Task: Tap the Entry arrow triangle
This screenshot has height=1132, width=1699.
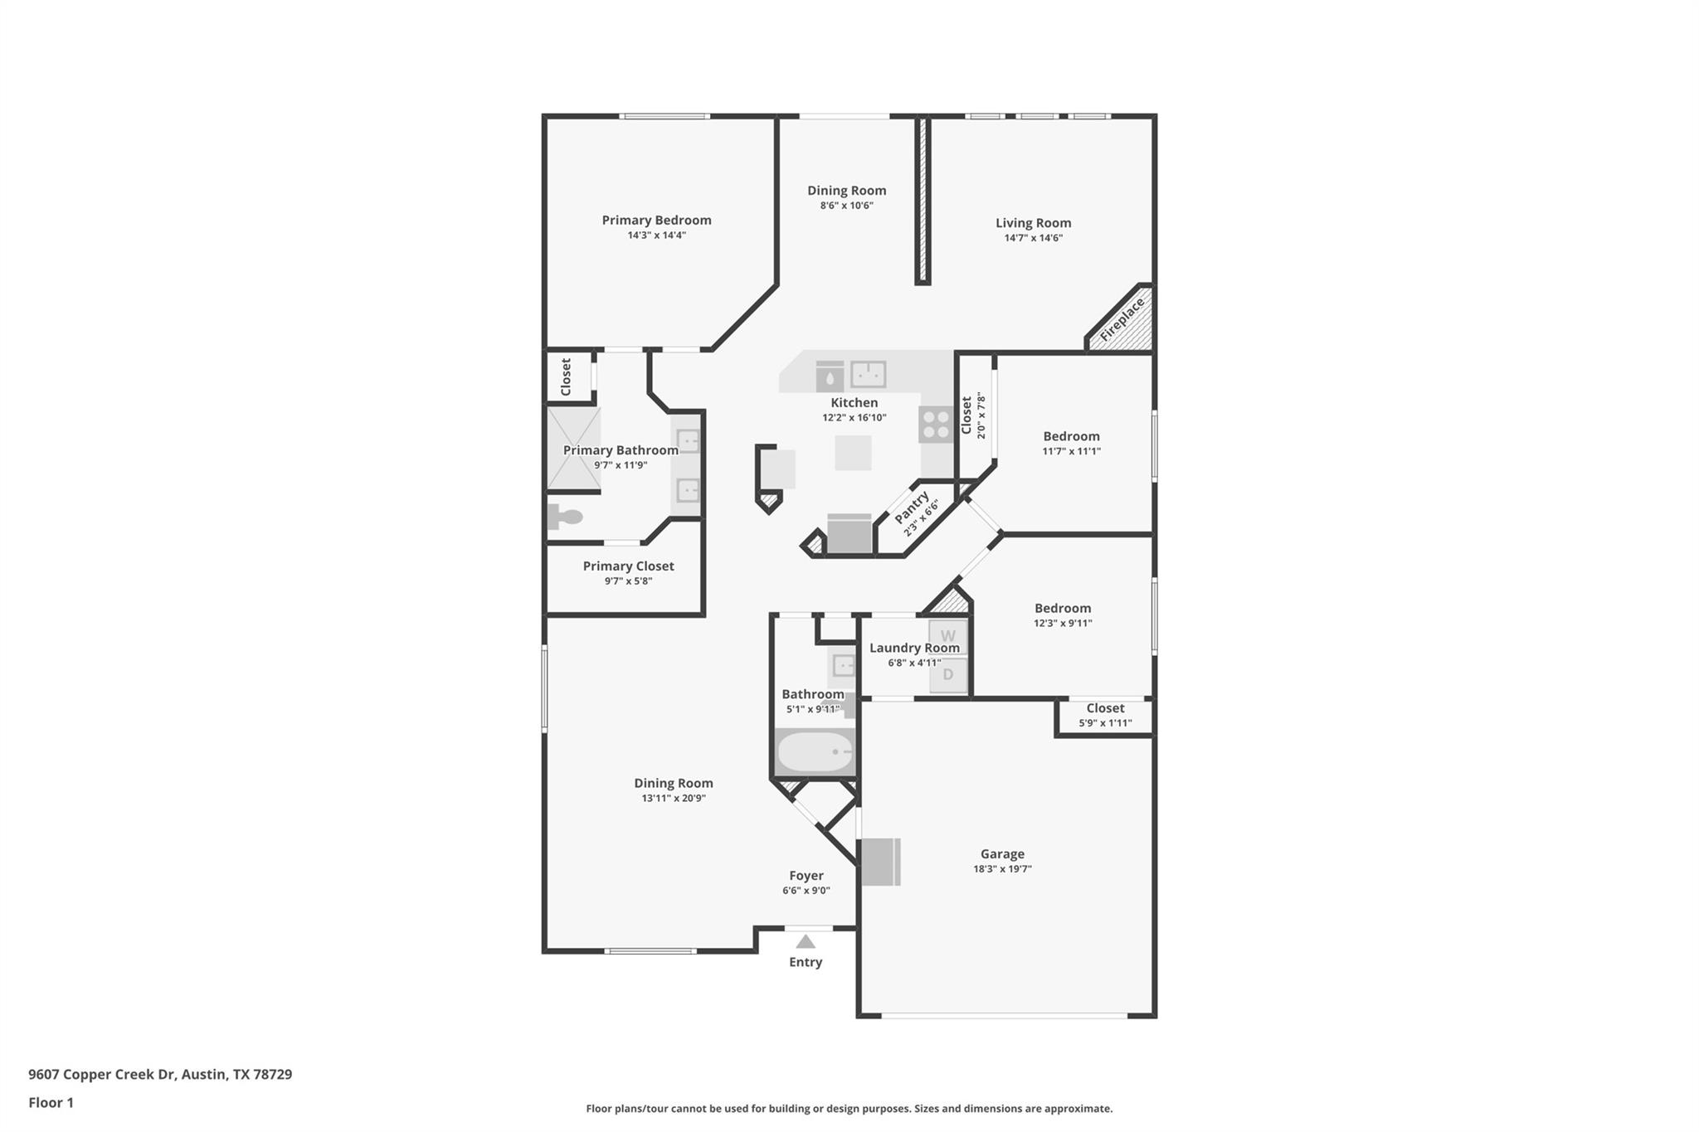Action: tap(806, 941)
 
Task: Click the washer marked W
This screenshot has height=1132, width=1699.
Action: tap(947, 635)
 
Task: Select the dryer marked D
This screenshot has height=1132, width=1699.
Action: tap(947, 674)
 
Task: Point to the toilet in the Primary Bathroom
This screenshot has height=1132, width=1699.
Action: tap(566, 517)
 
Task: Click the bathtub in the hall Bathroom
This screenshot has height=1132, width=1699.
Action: tap(814, 752)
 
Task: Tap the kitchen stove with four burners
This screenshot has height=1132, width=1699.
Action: tap(936, 425)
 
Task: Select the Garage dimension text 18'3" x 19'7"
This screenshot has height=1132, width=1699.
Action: tap(1002, 869)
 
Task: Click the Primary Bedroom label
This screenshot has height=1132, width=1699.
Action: tap(656, 220)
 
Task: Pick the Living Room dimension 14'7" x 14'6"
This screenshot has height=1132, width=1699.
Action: tap(1033, 238)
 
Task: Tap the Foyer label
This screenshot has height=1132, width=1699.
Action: tap(806, 876)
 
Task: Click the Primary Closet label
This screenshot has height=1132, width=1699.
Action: tap(628, 566)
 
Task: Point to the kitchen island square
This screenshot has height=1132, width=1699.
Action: tap(853, 453)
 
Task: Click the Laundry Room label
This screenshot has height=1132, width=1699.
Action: tap(914, 648)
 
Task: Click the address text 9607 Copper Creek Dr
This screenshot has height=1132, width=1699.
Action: tap(102, 1074)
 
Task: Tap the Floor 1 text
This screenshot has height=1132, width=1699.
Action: tap(51, 1103)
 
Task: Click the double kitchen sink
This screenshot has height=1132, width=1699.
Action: tap(868, 375)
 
